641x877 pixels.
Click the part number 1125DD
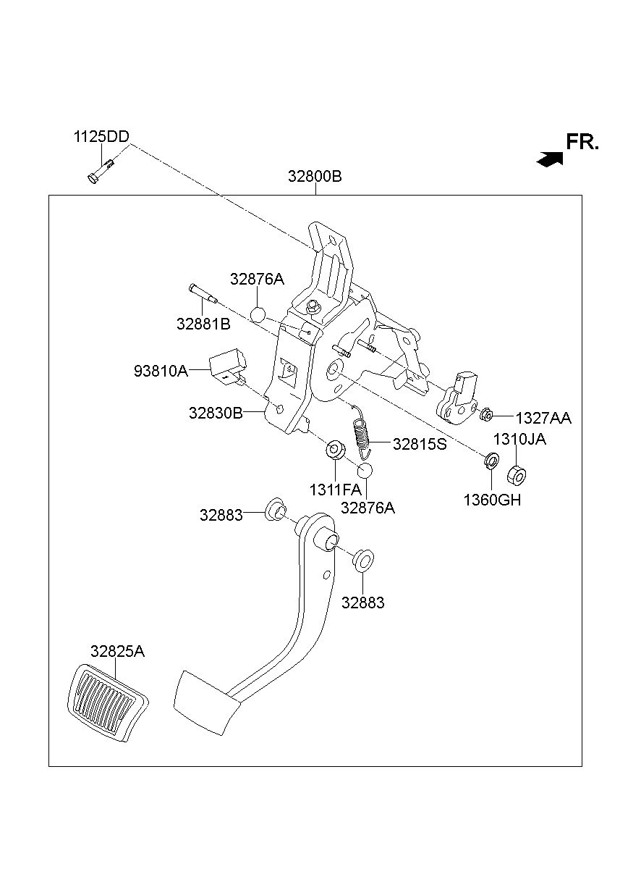[101, 137]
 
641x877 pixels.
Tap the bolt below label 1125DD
[101, 172]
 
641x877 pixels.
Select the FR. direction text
[582, 142]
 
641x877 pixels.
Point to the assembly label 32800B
[315, 177]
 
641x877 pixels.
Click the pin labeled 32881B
[204, 293]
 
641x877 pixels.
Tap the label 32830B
[216, 413]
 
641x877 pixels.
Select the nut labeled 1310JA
[517, 476]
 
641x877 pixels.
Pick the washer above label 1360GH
[491, 460]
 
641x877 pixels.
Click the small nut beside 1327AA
[485, 414]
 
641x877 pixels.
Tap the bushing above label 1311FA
[335, 450]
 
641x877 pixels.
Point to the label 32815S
[420, 444]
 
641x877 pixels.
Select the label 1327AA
[543, 419]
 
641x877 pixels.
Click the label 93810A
[161, 371]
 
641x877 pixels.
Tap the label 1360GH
[493, 500]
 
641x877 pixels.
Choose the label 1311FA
[335, 490]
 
